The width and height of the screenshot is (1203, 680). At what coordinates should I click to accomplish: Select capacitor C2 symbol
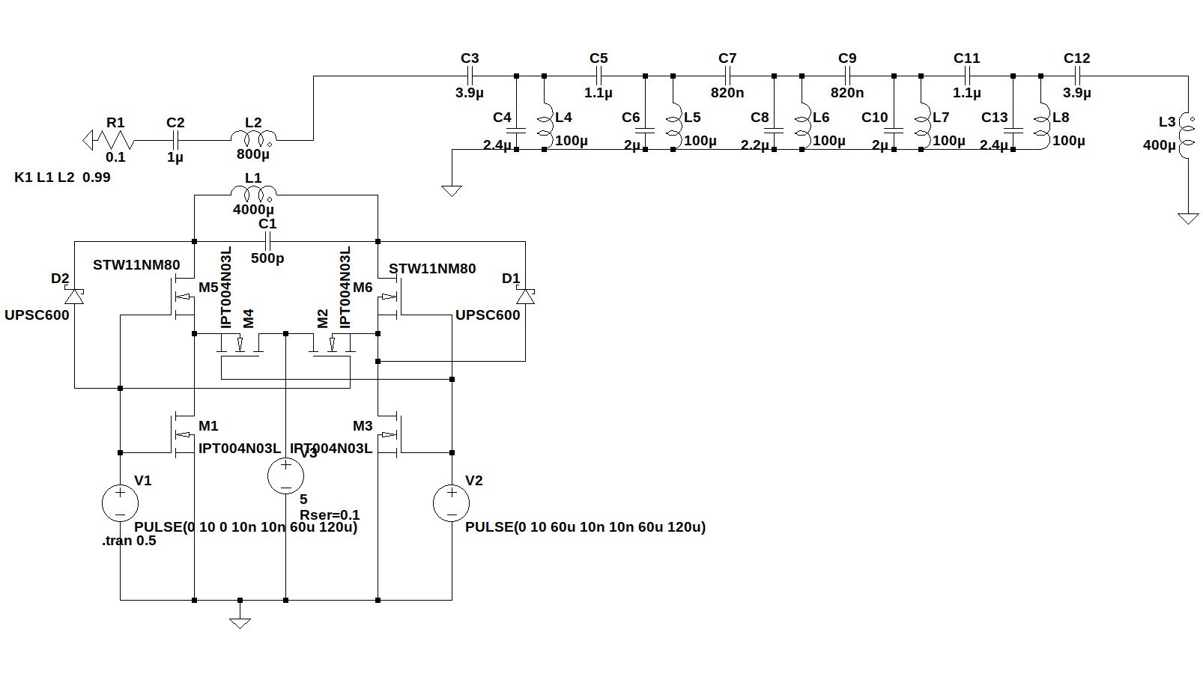(x=175, y=139)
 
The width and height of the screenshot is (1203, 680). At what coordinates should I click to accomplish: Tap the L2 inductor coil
(x=253, y=139)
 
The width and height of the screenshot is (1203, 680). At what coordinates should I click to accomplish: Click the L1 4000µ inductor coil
(x=253, y=194)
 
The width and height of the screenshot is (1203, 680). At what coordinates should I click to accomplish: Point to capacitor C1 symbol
(x=267, y=241)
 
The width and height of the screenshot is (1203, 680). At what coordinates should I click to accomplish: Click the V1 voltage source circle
(x=120, y=503)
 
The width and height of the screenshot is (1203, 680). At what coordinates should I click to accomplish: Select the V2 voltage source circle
(x=452, y=503)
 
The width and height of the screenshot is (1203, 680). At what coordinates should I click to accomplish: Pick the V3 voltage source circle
(x=286, y=476)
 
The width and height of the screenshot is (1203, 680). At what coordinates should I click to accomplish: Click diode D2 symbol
(x=75, y=296)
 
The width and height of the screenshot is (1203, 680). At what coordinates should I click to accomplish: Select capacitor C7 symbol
(x=727, y=76)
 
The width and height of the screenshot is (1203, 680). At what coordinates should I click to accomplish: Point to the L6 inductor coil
(x=804, y=127)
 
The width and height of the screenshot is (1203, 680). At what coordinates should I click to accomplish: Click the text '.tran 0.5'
(x=129, y=541)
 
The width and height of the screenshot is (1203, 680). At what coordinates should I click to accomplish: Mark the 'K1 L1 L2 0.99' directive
(x=62, y=177)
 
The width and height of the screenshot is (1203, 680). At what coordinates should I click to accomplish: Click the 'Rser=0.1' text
(x=330, y=514)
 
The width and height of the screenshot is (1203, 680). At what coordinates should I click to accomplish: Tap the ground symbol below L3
(x=1187, y=218)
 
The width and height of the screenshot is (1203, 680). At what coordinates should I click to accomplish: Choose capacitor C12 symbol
(x=1076, y=76)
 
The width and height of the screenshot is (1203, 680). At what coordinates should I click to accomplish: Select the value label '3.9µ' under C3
(x=470, y=93)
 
